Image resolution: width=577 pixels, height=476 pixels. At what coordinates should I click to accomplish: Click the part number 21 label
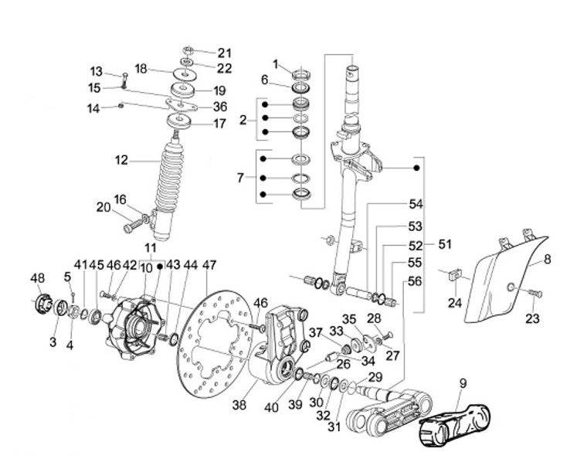(224, 53)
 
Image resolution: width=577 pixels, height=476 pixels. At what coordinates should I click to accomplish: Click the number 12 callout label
(121, 161)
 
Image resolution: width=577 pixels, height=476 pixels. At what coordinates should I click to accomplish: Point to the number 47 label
(209, 264)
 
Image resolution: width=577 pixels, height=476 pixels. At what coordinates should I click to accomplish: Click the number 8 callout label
(548, 260)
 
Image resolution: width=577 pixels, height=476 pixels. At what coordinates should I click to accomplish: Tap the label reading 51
(444, 244)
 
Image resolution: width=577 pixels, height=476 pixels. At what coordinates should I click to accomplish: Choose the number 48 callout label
(38, 278)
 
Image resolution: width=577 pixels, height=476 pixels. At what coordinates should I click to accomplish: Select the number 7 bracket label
(240, 178)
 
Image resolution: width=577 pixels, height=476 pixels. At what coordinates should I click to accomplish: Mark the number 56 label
(416, 282)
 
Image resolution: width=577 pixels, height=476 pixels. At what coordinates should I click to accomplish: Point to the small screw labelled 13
(124, 78)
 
